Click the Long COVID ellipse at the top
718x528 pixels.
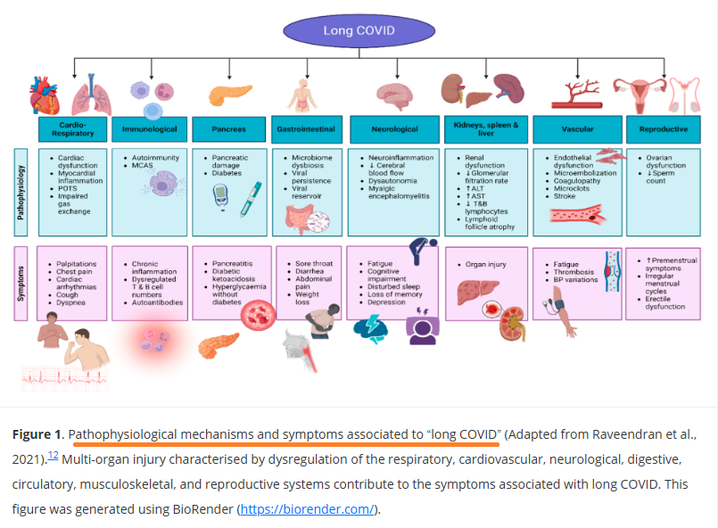pyautogui.click(x=359, y=30)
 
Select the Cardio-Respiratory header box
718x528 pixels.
pyautogui.click(x=73, y=129)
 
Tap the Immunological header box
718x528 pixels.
pyautogui.click(x=149, y=129)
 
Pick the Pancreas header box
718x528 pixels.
pyautogui.click(x=229, y=129)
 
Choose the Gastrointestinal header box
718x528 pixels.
pyautogui.click(x=306, y=129)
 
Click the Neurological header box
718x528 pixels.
pyautogui.click(x=395, y=129)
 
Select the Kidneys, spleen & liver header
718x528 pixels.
pyautogui.click(x=486, y=129)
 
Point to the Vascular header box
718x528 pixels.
pyautogui.click(x=577, y=129)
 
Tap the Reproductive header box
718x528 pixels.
pyautogui.click(x=664, y=129)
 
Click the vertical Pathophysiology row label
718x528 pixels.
pyautogui.click(x=21, y=193)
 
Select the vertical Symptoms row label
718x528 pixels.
pyautogui.click(x=21, y=284)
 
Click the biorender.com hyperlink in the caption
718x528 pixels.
pyautogui.click(x=307, y=509)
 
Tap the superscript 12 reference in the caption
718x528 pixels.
pyautogui.click(x=54, y=456)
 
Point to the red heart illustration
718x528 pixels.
pyautogui.click(x=44, y=95)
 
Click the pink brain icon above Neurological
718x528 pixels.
pyautogui.click(x=395, y=96)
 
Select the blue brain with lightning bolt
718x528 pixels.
pyautogui.click(x=370, y=329)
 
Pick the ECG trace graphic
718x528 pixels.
pyautogui.click(x=65, y=378)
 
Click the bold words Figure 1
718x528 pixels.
pyautogui.click(x=37, y=434)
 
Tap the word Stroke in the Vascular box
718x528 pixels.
pyautogui.click(x=564, y=196)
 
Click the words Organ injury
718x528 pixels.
pyautogui.click(x=486, y=264)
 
